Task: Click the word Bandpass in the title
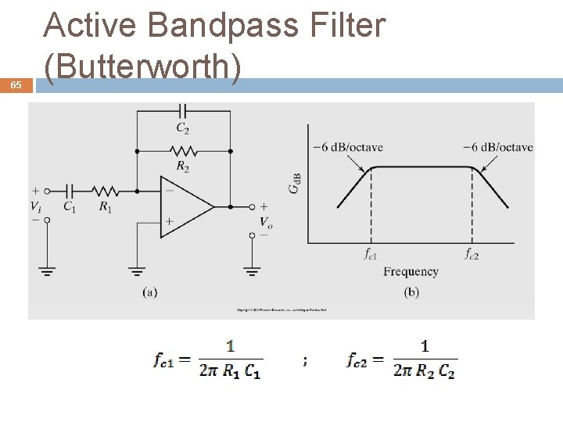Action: coord(223,25)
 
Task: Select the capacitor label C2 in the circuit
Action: coord(182,127)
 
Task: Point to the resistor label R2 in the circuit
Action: coord(182,166)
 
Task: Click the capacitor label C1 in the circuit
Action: coord(70,207)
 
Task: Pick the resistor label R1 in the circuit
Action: coord(104,207)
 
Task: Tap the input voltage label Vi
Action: coord(36,206)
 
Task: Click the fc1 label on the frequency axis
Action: coord(371,254)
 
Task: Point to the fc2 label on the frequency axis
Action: coord(472,254)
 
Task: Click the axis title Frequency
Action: coord(411,272)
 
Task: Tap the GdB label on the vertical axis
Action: coord(295,184)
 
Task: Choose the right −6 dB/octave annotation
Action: coord(497,146)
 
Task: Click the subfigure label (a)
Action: coord(151,292)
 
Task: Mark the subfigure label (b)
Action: coord(411,292)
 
